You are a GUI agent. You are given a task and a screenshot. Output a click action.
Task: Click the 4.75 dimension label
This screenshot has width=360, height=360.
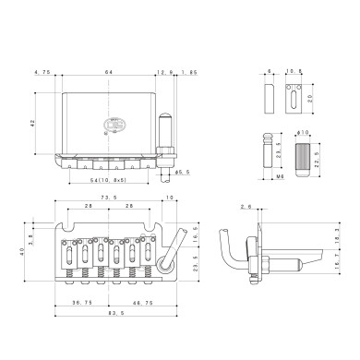point(41,71)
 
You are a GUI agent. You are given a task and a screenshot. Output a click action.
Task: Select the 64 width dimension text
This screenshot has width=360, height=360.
point(108,71)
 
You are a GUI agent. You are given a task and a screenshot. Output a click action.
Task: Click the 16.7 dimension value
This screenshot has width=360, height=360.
point(335,268)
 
